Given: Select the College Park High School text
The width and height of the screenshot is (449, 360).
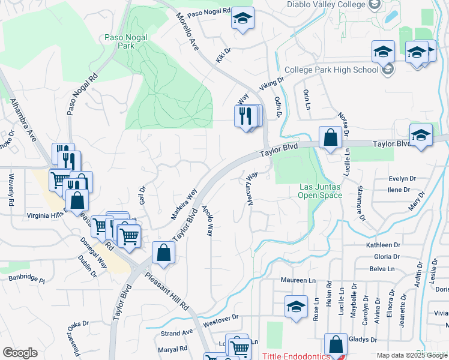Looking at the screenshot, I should pyautogui.click(x=331, y=70).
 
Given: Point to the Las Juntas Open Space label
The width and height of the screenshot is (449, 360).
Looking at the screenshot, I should pyautogui.click(x=321, y=191).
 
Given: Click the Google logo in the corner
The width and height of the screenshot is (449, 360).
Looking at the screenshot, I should pyautogui.click(x=20, y=353).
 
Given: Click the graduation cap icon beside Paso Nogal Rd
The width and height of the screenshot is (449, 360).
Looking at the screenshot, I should pyautogui.click(x=243, y=19).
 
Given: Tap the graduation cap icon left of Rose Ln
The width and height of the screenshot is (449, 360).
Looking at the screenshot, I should pyautogui.click(x=296, y=307).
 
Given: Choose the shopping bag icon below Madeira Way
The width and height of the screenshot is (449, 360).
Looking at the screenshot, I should pyautogui.click(x=163, y=253).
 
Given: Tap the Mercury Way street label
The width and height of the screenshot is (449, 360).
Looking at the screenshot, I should pyautogui.click(x=252, y=189).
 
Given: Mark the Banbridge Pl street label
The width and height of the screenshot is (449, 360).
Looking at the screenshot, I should pyautogui.click(x=26, y=279).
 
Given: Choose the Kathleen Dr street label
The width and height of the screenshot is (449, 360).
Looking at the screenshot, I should pyautogui.click(x=383, y=245).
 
